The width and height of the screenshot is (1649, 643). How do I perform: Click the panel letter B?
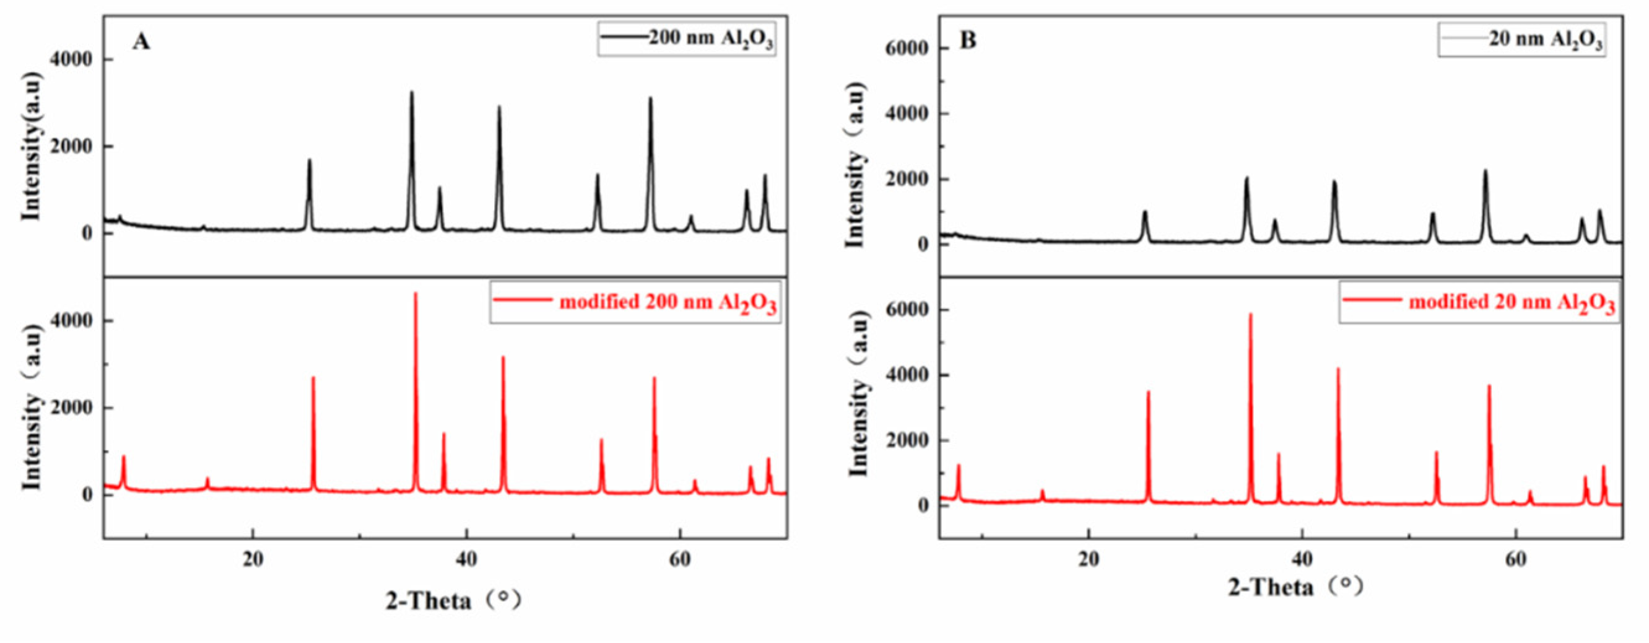pos(968,41)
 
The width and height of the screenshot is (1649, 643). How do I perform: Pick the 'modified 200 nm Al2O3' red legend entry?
pos(635,302)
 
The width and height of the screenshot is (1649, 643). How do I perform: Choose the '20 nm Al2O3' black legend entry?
pos(1521,40)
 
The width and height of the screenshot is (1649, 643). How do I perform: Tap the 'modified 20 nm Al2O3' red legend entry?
pos(1479,302)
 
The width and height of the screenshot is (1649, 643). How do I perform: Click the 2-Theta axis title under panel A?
pos(453,600)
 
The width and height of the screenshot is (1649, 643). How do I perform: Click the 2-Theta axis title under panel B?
pos(1295,587)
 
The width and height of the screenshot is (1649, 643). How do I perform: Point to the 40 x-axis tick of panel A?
pos(466,559)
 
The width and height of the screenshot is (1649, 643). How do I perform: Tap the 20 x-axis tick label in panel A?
pos(253,559)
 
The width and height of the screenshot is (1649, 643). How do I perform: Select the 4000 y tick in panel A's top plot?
pos(71,59)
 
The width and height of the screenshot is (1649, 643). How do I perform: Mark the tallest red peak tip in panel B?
pos(1250,315)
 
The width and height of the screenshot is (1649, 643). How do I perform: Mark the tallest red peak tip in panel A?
pos(416,294)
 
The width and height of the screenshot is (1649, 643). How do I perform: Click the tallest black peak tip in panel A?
pos(412,92)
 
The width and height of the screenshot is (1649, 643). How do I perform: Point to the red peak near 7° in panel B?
pos(959,466)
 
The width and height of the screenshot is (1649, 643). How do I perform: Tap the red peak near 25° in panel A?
pos(313,378)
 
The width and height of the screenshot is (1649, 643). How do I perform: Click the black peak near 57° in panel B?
pos(1485,189)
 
